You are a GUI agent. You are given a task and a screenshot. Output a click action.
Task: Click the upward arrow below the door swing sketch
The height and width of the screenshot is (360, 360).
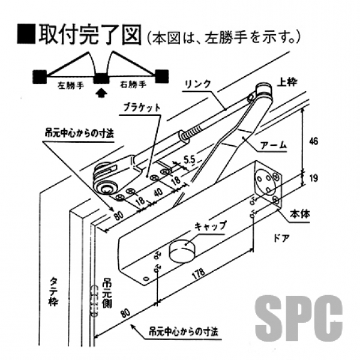click(101, 92)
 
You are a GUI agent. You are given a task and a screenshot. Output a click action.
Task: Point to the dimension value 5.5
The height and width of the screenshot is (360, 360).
click(189, 160)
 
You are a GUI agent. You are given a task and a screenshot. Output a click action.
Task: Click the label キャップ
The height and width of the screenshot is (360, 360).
click(210, 226)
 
